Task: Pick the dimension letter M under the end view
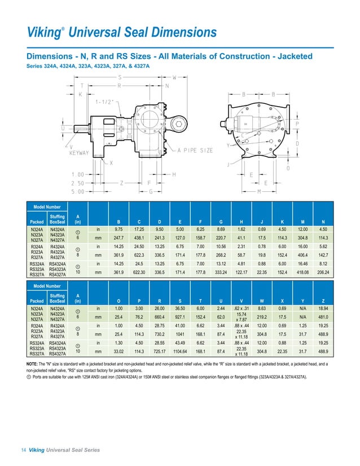point(258,192)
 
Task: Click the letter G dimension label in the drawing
point(150,192)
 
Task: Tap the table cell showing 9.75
point(120,230)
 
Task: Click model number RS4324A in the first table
point(57,262)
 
